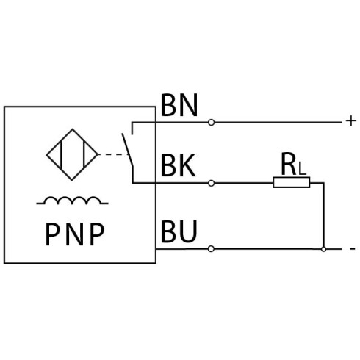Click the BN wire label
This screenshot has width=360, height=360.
179,106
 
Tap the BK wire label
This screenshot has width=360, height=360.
179,165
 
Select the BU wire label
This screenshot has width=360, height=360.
179,231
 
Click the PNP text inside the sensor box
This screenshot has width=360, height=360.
75,234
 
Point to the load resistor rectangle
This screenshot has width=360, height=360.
292,182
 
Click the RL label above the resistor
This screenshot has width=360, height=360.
293,164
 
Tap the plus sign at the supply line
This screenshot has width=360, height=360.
351,121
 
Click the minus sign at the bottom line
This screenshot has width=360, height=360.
353,249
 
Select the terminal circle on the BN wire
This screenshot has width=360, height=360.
211,122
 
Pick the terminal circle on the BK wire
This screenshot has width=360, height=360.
211,183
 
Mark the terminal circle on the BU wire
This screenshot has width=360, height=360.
211,249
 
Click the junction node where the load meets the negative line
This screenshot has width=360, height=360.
324,249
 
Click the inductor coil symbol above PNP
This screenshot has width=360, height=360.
72,201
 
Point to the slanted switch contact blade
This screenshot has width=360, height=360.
128,150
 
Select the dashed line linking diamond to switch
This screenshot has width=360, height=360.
112,154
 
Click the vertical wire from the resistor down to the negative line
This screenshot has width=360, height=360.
324,215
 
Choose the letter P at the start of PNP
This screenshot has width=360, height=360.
52,234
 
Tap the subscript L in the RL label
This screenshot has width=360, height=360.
302,168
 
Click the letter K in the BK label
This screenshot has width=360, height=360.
188,165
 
